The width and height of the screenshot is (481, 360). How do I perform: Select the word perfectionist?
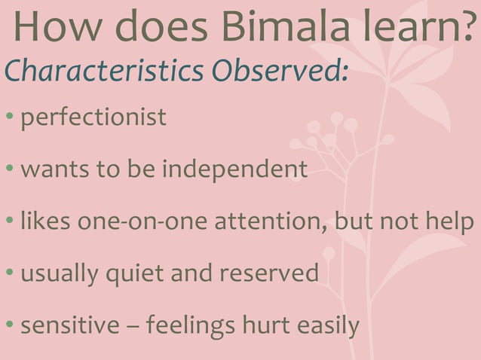[93, 117]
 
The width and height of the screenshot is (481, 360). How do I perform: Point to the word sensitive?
[69, 325]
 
